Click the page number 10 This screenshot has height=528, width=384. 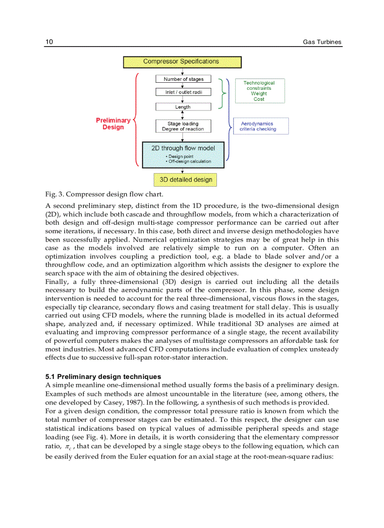coord(49,42)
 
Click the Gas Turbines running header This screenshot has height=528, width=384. coord(322,42)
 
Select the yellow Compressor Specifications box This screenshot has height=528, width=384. coord(182,62)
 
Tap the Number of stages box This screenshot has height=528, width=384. coord(183,79)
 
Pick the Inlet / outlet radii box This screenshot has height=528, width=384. coord(183,92)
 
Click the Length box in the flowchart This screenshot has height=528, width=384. coord(183,107)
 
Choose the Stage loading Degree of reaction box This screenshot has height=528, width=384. coord(183,126)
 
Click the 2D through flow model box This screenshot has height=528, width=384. coord(183,154)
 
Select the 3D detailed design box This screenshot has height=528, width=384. coord(185,180)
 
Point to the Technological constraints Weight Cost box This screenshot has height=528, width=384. coord(260,91)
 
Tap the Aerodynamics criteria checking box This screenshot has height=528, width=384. coord(261,126)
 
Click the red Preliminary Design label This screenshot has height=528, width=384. coord(113,124)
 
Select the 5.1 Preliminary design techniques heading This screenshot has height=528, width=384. coord(103,377)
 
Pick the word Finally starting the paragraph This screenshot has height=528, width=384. coord(56,282)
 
